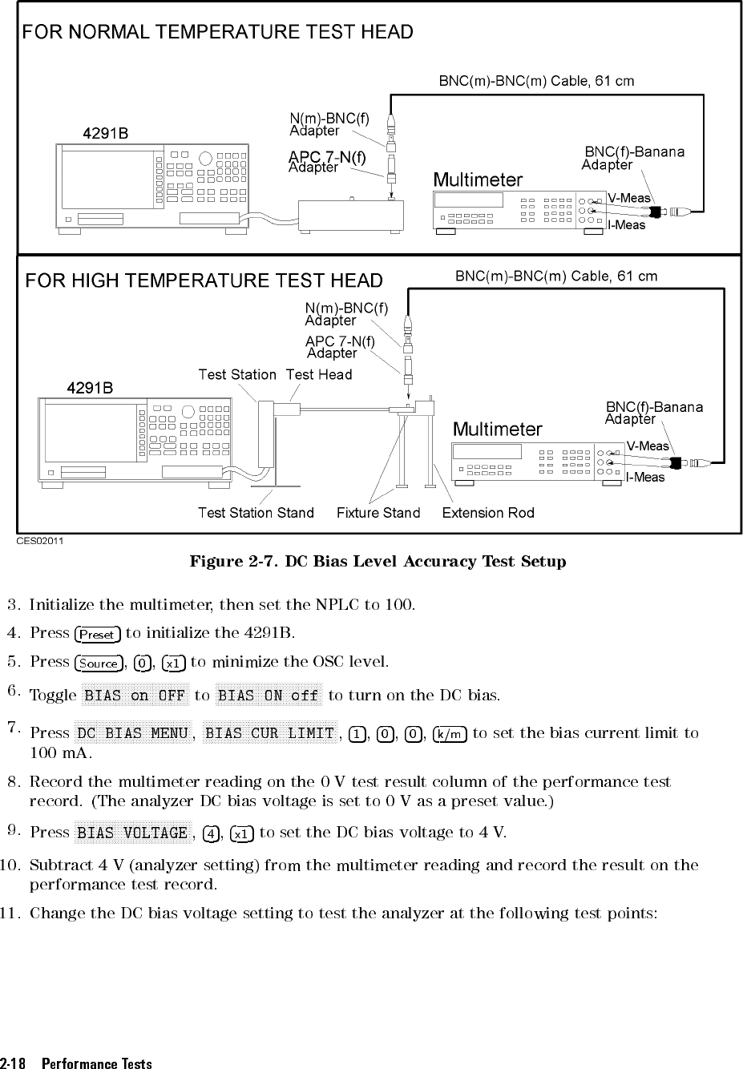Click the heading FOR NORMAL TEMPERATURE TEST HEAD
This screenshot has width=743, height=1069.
217,32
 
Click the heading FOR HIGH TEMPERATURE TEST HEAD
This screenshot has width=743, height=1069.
204,280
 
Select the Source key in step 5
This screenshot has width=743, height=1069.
99,664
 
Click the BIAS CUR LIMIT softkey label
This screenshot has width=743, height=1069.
269,733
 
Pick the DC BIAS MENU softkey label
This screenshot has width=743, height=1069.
133,733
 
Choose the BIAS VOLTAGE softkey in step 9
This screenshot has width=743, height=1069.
133,833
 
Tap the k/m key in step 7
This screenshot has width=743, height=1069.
450,734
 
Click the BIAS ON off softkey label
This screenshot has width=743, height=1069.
269,696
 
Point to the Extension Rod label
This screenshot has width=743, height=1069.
488,512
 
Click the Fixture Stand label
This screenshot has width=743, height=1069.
378,512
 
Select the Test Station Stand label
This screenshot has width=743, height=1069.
256,512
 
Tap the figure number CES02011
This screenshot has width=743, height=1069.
40,541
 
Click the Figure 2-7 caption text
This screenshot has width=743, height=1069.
378,562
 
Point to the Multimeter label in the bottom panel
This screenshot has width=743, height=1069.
498,430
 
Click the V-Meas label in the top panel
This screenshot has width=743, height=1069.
628,198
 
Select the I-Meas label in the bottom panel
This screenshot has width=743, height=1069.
645,478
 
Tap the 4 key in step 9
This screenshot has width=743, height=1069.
211,834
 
